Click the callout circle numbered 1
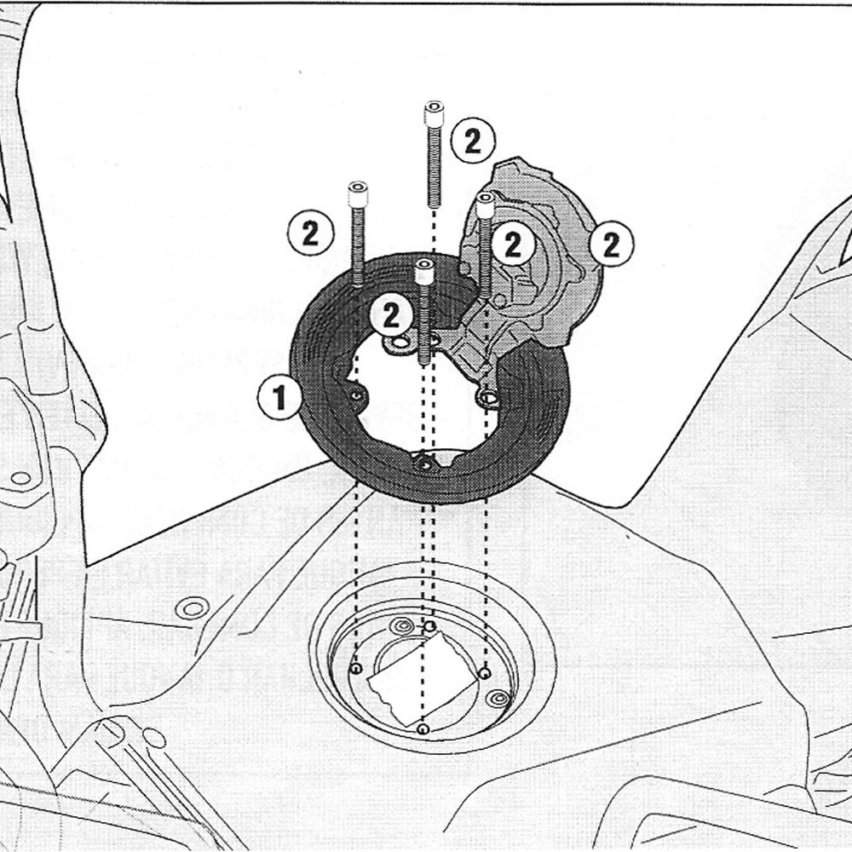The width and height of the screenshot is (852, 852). [279, 397]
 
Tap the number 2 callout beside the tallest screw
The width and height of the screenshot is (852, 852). [473, 141]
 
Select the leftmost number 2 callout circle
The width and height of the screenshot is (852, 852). [310, 234]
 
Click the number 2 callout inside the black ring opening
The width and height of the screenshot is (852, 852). [391, 315]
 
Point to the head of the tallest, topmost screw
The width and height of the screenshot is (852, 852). [434, 112]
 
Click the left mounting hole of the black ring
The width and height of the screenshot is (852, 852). [357, 395]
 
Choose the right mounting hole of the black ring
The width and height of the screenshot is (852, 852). [488, 399]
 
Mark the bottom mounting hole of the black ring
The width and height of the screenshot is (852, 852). [424, 463]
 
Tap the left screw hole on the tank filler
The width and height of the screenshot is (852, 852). [356, 668]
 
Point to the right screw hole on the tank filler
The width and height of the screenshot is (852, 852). [484, 674]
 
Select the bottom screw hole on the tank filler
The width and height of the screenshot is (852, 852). [423, 728]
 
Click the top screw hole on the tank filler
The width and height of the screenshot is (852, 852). [429, 627]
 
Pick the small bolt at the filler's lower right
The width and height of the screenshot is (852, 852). [498, 699]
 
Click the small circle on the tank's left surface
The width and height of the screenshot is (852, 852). [193, 608]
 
